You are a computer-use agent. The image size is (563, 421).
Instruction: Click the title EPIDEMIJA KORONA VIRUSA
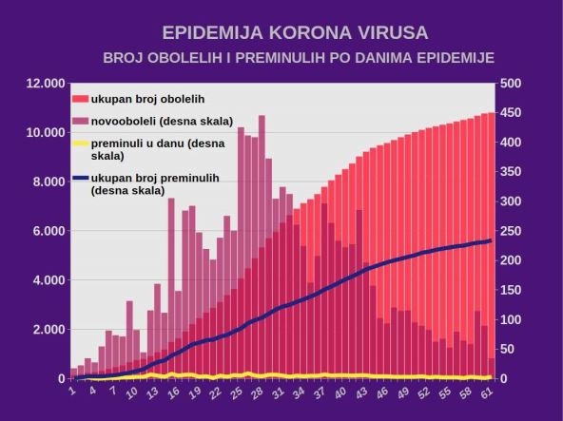[x=281, y=33]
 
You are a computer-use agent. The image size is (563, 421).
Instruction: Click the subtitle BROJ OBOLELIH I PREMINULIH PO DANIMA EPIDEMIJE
[x=299, y=58]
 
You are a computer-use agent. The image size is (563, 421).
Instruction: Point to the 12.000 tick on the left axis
[x=45, y=84]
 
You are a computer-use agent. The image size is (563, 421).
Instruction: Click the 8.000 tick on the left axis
[x=48, y=182]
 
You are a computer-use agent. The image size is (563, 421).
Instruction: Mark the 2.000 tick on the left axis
[x=48, y=330]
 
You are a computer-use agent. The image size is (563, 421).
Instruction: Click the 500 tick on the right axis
[x=511, y=84]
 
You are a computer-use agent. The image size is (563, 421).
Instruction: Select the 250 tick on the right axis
[x=511, y=231]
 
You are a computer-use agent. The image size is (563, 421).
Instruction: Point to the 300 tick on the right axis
[x=511, y=201]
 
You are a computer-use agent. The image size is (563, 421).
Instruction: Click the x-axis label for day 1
[x=72, y=389]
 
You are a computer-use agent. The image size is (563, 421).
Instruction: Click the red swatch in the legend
[x=81, y=98]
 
